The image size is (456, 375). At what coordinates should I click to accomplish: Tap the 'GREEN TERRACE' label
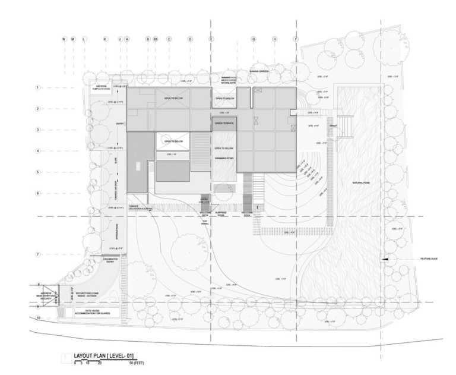tap(224, 123)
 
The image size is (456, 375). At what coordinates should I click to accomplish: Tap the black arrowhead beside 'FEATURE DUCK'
tap(385, 259)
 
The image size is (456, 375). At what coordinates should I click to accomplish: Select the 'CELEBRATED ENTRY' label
tap(112, 260)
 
